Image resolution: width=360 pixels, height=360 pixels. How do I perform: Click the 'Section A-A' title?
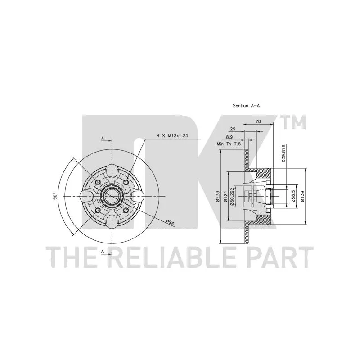pyautogui.click(x=246, y=106)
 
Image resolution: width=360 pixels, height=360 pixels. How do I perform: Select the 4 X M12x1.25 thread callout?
pyautogui.click(x=172, y=136)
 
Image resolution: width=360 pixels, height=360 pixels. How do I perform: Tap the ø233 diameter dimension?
pyautogui.click(x=217, y=197)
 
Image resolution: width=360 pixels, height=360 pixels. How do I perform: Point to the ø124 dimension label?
pyautogui.click(x=225, y=197)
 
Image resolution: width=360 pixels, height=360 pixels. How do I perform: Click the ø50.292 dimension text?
pyautogui.click(x=232, y=196)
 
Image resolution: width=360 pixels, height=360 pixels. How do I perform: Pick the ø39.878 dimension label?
pyautogui.click(x=284, y=153)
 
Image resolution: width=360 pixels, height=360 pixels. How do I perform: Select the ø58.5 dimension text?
pyautogui.click(x=293, y=196)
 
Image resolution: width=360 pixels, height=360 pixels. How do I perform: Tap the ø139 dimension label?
pyautogui.click(x=302, y=196)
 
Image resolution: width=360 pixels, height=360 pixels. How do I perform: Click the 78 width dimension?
pyautogui.click(x=258, y=121)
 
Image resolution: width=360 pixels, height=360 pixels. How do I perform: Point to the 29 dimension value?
pyautogui.click(x=233, y=129)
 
